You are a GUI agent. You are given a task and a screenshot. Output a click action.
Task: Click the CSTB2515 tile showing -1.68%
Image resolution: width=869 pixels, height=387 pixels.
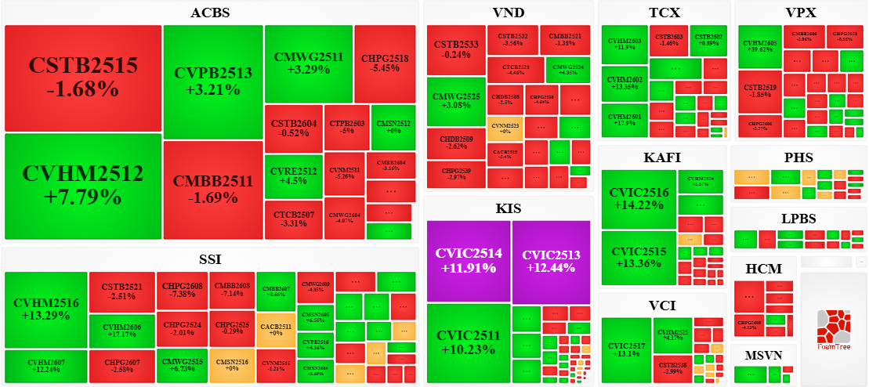coord(82,78)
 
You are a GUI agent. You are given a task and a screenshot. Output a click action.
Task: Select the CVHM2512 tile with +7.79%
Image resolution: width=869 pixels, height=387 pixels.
coord(82,185)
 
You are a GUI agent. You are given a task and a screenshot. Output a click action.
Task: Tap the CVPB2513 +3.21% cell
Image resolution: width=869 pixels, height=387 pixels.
coord(213,81)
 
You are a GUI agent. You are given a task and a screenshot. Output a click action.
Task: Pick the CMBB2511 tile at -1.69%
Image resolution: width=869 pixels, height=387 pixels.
coord(213,189)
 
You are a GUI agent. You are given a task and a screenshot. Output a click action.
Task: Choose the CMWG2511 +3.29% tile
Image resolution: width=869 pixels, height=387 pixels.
coord(308,63)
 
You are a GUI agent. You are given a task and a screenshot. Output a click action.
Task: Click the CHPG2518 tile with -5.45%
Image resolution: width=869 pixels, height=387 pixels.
coord(385,63)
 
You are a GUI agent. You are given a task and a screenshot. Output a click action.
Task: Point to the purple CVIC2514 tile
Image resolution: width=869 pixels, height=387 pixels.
coord(468,261)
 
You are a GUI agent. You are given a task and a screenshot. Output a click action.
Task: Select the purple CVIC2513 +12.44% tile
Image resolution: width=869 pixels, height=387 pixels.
coord(551,261)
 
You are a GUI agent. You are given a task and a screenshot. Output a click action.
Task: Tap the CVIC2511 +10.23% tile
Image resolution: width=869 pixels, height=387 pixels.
coord(468,344)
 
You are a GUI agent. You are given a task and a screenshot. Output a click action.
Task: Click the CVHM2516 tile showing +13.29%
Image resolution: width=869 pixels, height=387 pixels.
coord(45,309)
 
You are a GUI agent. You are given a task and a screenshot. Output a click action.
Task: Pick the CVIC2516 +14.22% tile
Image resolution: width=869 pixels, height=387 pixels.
coord(638,199)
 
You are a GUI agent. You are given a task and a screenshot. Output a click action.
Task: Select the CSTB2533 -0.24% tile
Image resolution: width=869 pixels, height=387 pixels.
coord(456,49)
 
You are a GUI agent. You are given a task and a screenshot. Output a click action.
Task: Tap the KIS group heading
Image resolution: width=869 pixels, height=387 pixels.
coord(508,208)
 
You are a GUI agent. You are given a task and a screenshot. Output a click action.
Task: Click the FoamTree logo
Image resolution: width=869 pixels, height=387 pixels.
coord(833,329)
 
